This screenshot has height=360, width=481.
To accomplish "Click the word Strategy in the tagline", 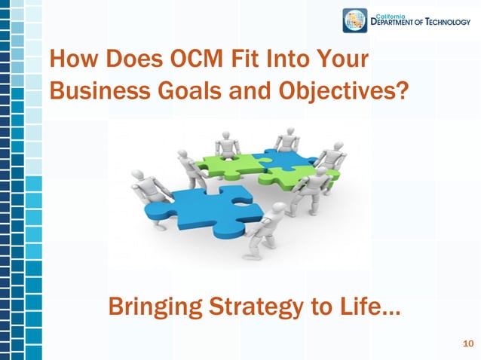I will coord(246,307).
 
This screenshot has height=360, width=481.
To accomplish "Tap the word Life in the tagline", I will coord(361,307).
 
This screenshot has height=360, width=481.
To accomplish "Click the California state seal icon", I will coord(354,20).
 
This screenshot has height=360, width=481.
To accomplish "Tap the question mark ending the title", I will coord(403,90).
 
